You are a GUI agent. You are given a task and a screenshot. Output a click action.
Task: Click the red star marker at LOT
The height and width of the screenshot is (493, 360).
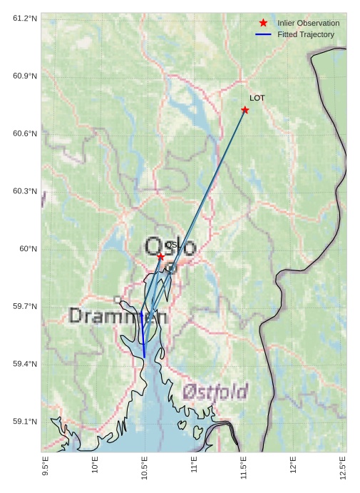tap(245, 110)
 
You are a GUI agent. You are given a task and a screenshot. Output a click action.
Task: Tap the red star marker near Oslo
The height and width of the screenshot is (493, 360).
tap(161, 256)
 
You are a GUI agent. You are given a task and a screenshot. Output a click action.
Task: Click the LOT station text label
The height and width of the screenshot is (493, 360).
tap(257, 98)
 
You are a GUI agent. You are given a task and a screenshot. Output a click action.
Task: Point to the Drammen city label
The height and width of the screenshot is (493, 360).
tap(118, 316)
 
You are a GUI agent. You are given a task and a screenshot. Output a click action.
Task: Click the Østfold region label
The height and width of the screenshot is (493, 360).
tap(215, 391)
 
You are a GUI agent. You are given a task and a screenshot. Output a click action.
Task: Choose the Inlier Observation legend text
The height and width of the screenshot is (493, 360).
tap(308, 24)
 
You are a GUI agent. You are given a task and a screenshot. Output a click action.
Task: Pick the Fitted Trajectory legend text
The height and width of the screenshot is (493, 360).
tap(306, 34)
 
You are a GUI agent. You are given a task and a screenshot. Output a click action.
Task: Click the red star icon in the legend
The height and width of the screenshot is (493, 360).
tap(263, 24)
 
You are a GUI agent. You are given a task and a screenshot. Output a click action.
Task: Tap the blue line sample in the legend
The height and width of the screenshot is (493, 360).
tap(263, 34)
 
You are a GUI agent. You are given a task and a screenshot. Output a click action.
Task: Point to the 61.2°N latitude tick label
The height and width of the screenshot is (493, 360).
tap(25, 18)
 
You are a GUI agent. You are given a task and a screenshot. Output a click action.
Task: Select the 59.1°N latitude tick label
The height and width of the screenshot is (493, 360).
tap(25, 422)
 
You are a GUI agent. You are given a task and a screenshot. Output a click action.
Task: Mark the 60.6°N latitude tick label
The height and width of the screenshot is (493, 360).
tap(25, 133)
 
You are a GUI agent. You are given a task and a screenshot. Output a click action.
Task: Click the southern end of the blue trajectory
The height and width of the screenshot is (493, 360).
tap(144, 357)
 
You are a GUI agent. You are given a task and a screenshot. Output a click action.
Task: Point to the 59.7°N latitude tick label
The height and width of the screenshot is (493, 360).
tap(25, 307)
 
